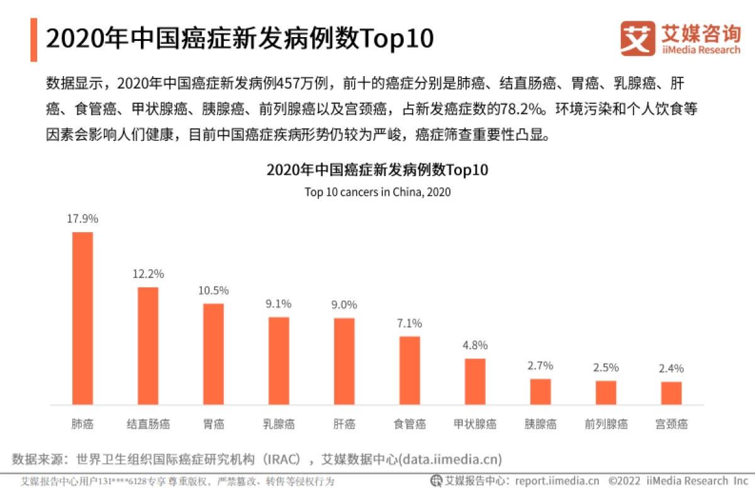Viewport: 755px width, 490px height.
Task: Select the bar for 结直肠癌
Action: [x=148, y=345]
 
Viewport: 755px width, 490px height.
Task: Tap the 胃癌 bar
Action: [x=213, y=354]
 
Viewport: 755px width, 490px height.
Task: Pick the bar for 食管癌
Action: [x=410, y=370]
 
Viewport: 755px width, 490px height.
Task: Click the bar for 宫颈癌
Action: [x=671, y=393]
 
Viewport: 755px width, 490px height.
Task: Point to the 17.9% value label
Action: [x=83, y=219]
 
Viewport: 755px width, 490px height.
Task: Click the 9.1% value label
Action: [x=279, y=304]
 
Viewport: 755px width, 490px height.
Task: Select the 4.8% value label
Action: [x=475, y=345]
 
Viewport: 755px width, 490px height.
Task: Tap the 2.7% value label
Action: [x=540, y=365]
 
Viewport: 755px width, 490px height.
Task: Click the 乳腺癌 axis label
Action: [x=279, y=424]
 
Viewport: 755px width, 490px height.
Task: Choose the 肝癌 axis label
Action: [x=344, y=424]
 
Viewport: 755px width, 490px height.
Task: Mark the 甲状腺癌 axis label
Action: [x=475, y=424]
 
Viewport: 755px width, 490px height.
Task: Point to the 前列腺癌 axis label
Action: [x=606, y=424]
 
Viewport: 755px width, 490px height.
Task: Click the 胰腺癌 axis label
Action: [x=540, y=424]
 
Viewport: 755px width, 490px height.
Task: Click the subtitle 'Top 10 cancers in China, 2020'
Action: [x=377, y=192]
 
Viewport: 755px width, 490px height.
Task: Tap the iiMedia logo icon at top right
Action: [x=637, y=39]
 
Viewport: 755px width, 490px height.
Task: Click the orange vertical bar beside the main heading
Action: [x=33, y=40]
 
